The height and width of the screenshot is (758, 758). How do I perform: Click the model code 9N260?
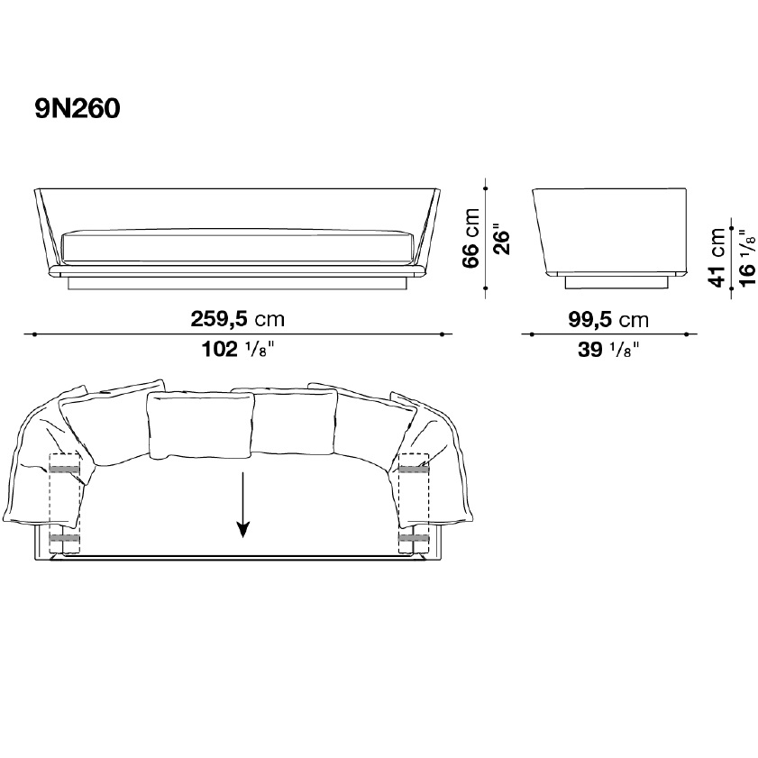(78, 108)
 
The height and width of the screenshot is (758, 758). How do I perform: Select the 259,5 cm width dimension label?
(237, 319)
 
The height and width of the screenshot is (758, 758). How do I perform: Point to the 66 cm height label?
(471, 238)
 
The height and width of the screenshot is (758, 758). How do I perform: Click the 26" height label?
(501, 239)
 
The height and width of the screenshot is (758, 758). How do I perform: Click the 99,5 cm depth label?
(608, 320)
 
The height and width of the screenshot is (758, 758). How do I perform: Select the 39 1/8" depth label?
(608, 349)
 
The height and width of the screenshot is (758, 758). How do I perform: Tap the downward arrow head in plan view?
(242, 530)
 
